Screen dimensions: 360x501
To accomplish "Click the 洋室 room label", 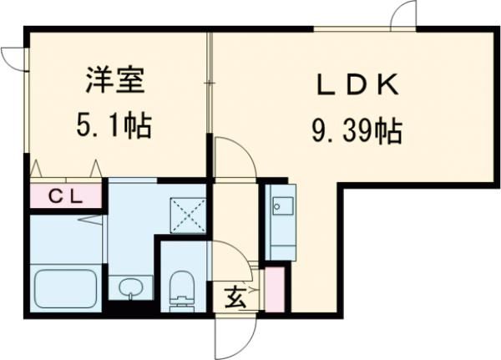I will point(114,82).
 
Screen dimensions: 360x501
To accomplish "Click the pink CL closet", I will point(66,197).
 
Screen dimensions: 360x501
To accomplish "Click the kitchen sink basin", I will point(279,206).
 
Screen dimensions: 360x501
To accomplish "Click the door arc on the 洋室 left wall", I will point(13,58).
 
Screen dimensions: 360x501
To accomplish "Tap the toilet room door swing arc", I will point(232,256).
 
